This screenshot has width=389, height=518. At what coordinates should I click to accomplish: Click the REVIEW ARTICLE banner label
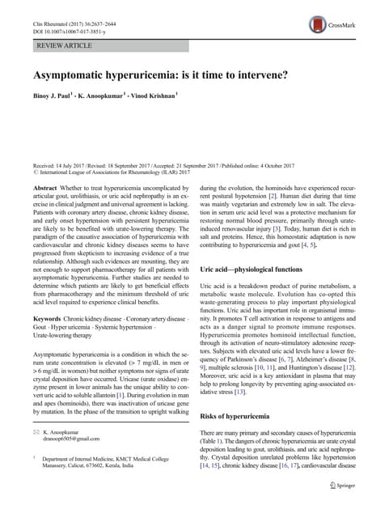[64, 45]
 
